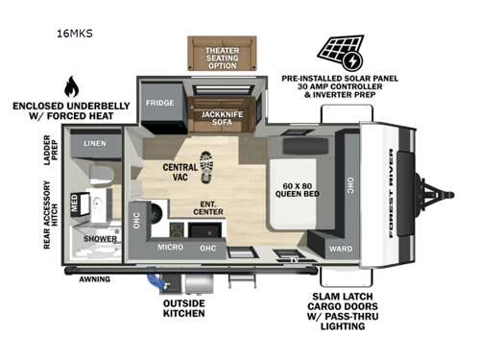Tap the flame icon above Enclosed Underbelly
tap(70, 87)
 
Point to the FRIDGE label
tap(159, 102)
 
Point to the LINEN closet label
tap(95, 144)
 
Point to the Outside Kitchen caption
tap(183, 313)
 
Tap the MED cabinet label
tap(76, 202)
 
